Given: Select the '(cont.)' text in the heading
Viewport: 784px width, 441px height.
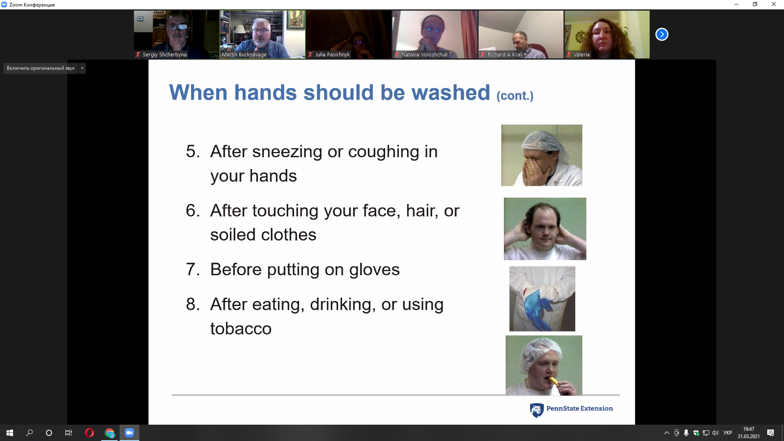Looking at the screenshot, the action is pos(515,96).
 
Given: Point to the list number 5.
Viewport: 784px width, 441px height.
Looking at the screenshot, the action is pos(193,151).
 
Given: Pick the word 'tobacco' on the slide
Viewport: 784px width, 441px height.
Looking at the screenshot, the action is pos(241,329).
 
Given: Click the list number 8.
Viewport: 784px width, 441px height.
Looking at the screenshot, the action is pos(193,304).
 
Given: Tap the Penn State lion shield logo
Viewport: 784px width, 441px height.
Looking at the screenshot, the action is pos(537,410).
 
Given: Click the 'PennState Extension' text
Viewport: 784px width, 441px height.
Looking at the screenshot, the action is pos(579,408).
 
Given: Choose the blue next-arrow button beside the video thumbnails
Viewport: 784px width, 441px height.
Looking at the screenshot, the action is pos(661,34).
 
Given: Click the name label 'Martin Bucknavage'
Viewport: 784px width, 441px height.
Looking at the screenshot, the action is pos(244,54).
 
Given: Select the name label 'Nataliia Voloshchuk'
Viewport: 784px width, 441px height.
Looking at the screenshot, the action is pos(424,54).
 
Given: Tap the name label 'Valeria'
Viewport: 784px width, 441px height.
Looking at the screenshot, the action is pos(581,54).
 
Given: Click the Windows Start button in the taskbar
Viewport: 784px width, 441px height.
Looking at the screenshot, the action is pos(10,433).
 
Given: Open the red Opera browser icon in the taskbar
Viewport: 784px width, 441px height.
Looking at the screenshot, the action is pos(89,433).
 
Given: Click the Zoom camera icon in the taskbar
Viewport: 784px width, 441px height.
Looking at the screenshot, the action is pos(129,433).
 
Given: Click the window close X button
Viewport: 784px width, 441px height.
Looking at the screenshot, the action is pos(773,4).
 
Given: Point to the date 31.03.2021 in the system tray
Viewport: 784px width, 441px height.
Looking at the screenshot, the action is pos(748,437).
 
